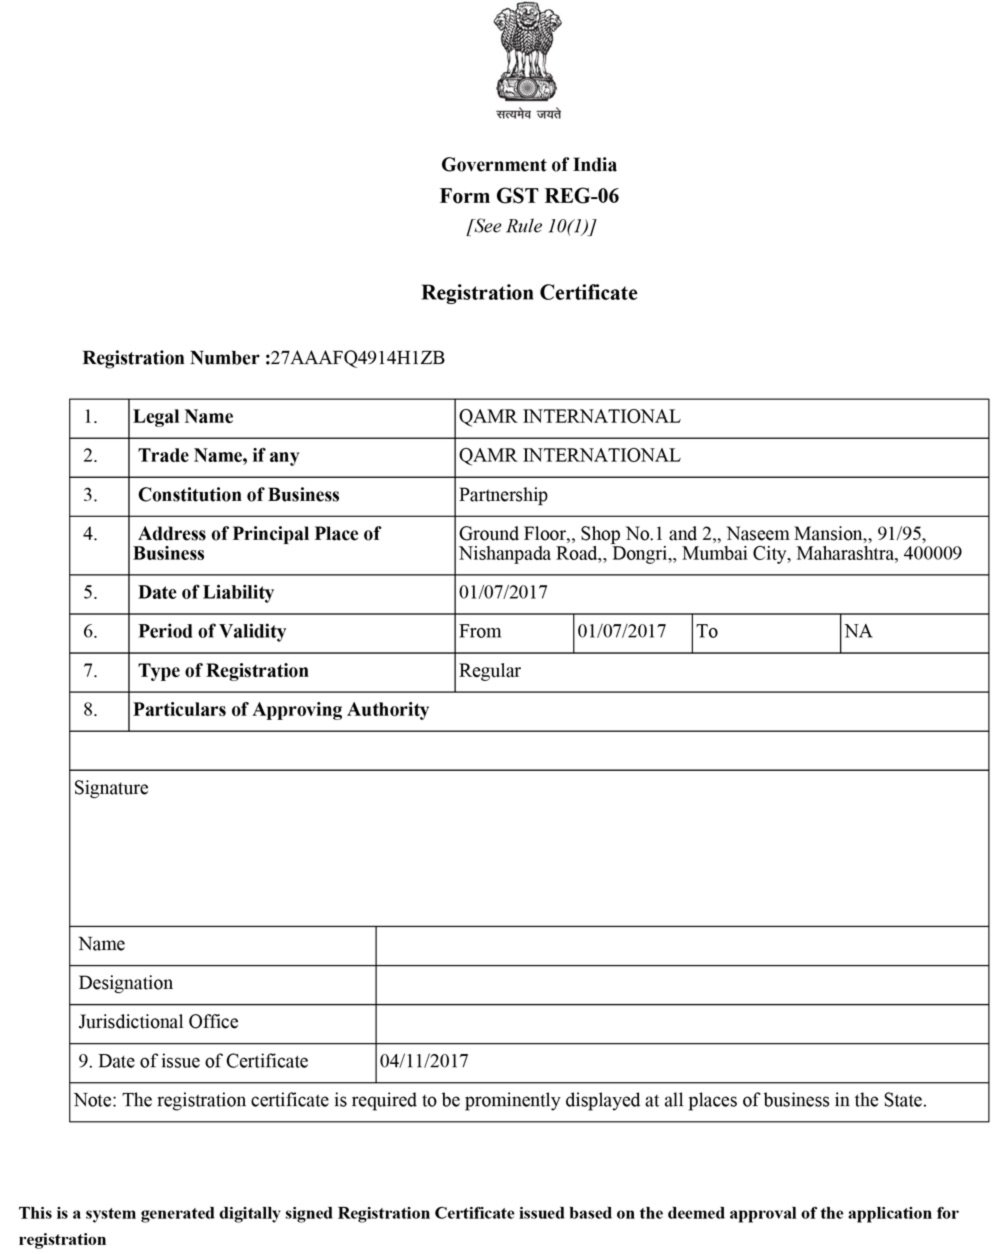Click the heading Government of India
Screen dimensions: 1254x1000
[x=529, y=165]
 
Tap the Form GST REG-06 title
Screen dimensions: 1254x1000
[x=529, y=196]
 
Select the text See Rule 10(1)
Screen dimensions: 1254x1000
[x=530, y=226]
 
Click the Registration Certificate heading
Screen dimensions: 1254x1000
[x=529, y=293]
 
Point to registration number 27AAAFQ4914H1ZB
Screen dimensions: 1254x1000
[x=358, y=358]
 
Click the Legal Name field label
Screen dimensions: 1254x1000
[x=183, y=417]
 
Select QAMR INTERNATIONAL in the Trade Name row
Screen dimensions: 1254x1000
[x=569, y=456]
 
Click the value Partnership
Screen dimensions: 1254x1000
[x=503, y=495]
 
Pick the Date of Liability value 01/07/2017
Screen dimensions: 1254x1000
[x=503, y=592]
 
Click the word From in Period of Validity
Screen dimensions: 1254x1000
[x=480, y=632]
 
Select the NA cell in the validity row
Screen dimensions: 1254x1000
[x=858, y=632]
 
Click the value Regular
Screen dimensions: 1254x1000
[x=489, y=671]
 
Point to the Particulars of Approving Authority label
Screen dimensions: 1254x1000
[x=281, y=710]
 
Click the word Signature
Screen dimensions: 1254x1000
[x=111, y=788]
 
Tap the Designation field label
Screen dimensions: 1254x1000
[x=126, y=983]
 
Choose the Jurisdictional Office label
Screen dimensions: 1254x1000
[x=158, y=1022]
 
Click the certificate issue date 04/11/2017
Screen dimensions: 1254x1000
[x=424, y=1061]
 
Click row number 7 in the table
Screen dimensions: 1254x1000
[x=90, y=671]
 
